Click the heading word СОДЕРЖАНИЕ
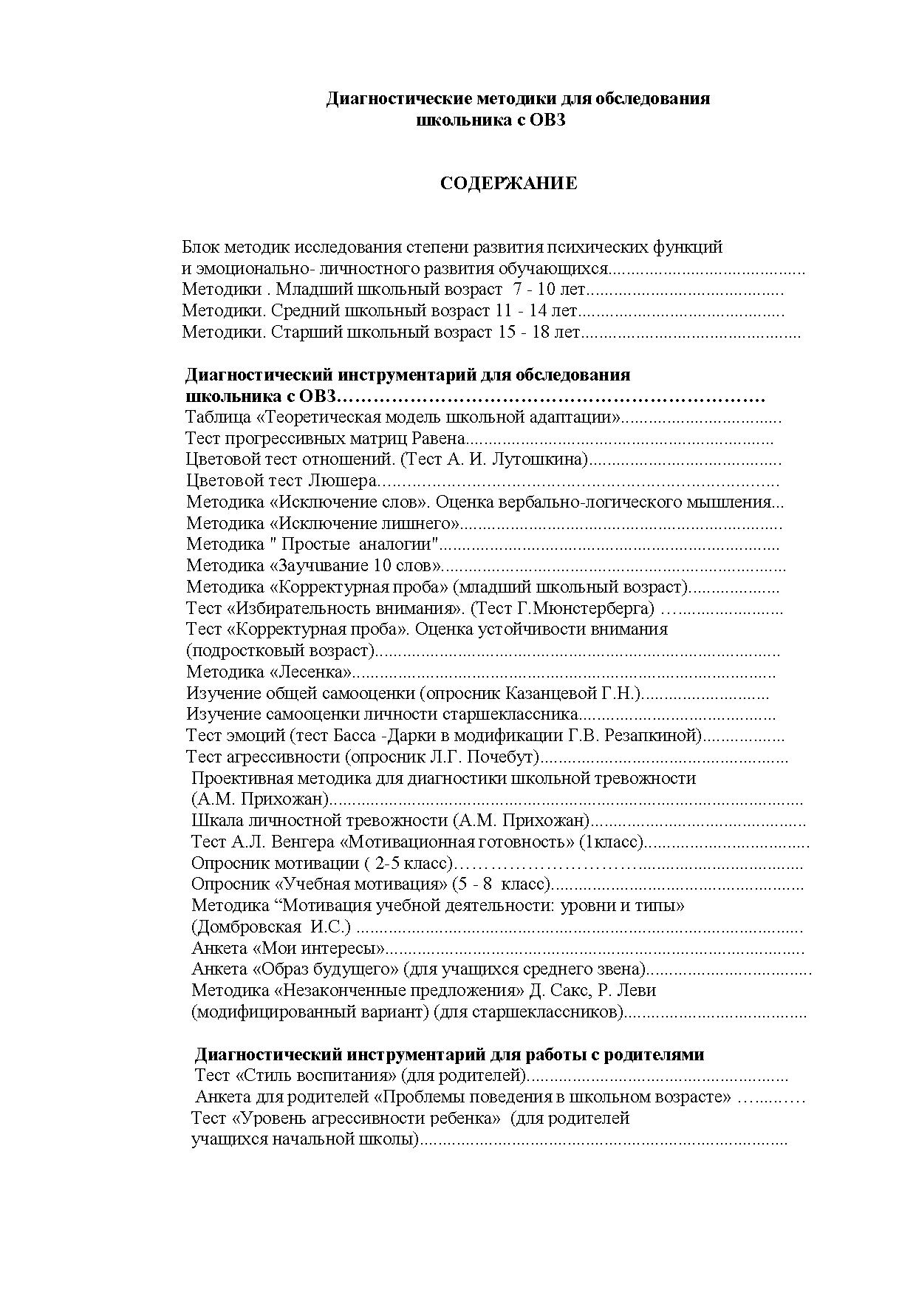click(508, 184)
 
